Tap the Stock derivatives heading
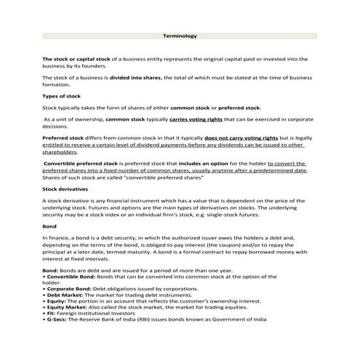(66, 189)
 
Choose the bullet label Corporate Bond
(68, 289)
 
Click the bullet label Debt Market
(64, 296)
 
